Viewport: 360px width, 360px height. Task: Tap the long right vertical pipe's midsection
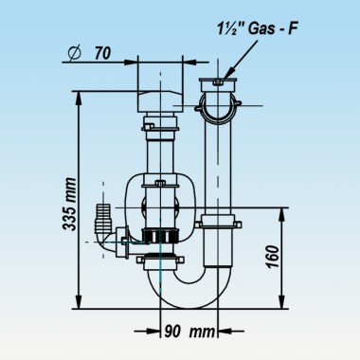pyautogui.click(x=218, y=161)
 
